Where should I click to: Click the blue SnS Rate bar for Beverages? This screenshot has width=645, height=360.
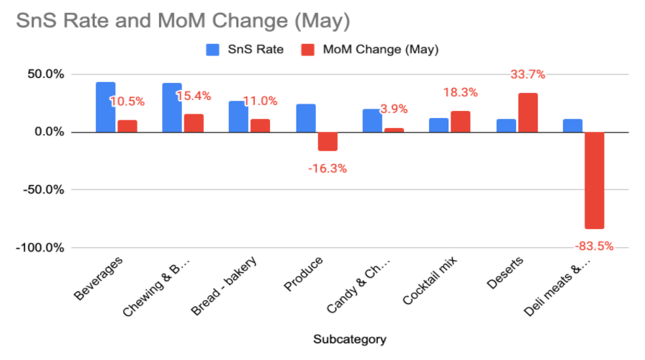[105, 107]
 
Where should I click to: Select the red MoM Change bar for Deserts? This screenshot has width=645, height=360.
[528, 113]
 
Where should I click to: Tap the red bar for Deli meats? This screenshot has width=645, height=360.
[594, 180]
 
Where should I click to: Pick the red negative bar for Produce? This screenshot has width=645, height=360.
[328, 141]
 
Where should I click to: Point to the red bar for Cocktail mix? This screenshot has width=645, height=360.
[461, 122]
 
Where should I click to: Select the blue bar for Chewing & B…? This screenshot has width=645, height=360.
[172, 107]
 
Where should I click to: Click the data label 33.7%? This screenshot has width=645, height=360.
[528, 74]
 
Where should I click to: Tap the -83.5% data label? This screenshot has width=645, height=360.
[594, 246]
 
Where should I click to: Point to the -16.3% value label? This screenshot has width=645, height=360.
[328, 168]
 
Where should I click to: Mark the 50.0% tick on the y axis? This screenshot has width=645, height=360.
[45, 74]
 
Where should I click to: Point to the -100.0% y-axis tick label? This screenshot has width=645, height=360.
[41, 248]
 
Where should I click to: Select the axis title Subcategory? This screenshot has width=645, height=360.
[349, 338]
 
